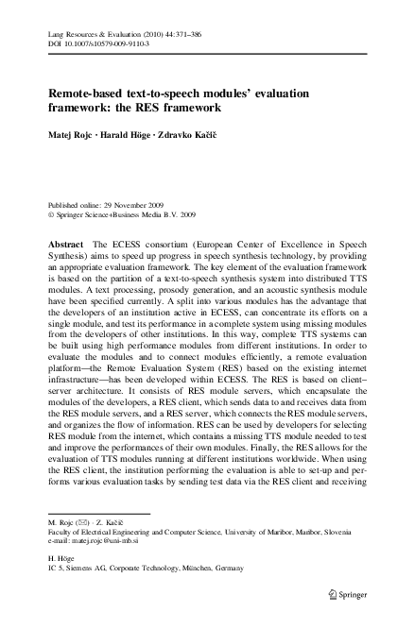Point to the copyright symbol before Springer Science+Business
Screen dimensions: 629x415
click(51, 214)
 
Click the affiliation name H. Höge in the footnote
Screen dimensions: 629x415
click(64, 557)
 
